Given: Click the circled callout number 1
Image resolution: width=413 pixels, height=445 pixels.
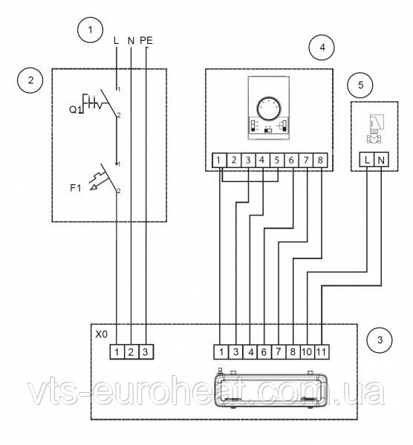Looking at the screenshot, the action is pyautogui.click(x=90, y=30).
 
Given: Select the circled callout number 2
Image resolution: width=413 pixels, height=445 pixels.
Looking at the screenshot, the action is pyautogui.click(x=30, y=80).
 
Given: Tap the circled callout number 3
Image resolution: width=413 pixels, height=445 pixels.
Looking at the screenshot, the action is pyautogui.click(x=380, y=340).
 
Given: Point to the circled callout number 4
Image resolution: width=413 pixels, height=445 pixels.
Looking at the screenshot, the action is pyautogui.click(x=322, y=47).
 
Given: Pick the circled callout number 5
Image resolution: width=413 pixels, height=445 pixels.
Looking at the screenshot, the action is pyautogui.click(x=360, y=85).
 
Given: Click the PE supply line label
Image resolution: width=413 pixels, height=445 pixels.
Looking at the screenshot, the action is pyautogui.click(x=146, y=41).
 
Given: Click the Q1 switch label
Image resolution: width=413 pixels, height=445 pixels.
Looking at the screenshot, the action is pyautogui.click(x=75, y=109).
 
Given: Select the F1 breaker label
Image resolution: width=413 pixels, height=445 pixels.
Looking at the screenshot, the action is pyautogui.click(x=76, y=188).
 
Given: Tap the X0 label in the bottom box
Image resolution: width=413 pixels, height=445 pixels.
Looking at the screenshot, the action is pyautogui.click(x=101, y=334).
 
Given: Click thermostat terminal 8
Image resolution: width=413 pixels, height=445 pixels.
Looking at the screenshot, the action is pyautogui.click(x=320, y=160).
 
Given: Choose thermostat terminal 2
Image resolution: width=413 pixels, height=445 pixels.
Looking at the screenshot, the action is pyautogui.click(x=233, y=160).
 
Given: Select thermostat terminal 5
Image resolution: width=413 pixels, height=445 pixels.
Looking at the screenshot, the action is pyautogui.click(x=277, y=160).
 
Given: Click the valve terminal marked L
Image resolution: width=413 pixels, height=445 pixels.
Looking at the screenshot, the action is pyautogui.click(x=367, y=160).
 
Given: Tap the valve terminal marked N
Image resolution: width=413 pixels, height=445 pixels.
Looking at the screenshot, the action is pyautogui.click(x=381, y=160).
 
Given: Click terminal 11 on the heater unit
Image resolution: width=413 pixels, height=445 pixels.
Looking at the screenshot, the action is pyautogui.click(x=322, y=352).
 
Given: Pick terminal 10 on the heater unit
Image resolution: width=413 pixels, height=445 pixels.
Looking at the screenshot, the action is pyautogui.click(x=307, y=352).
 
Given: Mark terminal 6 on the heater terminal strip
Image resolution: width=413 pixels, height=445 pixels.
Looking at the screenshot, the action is pyautogui.click(x=264, y=352).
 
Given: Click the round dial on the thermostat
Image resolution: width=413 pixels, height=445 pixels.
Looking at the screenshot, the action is pyautogui.click(x=269, y=108).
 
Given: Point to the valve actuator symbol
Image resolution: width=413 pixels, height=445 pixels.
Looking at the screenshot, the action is pyautogui.click(x=375, y=129).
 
